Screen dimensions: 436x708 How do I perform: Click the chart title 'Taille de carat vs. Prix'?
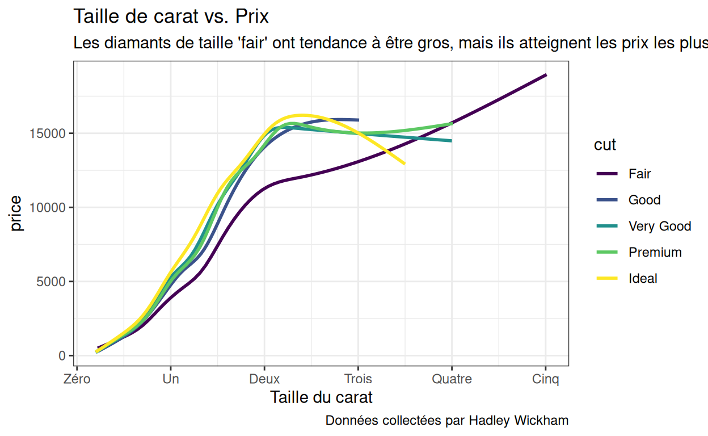click(x=171, y=16)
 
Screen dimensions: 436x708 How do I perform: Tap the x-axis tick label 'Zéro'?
click(x=77, y=379)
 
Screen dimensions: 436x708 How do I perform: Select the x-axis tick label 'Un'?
click(x=171, y=379)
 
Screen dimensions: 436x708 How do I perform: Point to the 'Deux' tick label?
click(x=264, y=379)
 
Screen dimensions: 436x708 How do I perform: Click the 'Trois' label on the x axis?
click(x=358, y=379)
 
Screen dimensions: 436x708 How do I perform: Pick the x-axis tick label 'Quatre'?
click(x=452, y=379)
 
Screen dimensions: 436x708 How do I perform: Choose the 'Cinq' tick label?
click(x=545, y=379)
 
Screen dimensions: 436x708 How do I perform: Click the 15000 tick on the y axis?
click(x=52, y=133)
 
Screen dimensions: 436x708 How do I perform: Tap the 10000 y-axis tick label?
click(x=52, y=208)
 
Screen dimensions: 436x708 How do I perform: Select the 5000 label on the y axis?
click(x=55, y=282)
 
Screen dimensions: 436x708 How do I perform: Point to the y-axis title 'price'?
click(x=16, y=213)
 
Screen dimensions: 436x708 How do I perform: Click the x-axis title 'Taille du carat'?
click(x=322, y=397)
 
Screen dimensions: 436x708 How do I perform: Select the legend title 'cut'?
click(x=605, y=145)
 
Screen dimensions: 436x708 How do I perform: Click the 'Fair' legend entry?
click(x=639, y=174)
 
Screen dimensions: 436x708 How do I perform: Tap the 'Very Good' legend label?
click(x=659, y=226)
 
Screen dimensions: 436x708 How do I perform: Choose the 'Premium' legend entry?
click(x=655, y=252)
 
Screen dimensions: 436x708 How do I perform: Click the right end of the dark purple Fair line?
click(x=546, y=75)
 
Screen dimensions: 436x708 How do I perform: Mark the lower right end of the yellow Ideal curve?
click(x=404, y=163)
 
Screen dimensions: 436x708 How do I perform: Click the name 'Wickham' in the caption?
click(x=541, y=421)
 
